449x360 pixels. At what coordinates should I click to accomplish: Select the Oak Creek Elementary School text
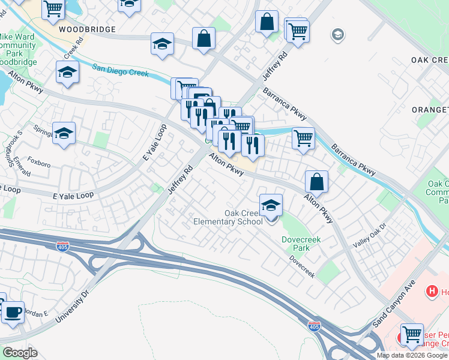228,217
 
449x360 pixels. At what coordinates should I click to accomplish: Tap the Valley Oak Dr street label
368,236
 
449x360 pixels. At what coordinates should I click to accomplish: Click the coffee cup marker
13,312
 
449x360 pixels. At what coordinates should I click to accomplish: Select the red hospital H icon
430,292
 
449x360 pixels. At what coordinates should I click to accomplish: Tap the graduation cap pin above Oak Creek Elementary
271,206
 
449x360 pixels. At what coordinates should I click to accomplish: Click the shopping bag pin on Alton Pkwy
316,181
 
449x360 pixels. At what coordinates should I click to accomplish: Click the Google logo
19,353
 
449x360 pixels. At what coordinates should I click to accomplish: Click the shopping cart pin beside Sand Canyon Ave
412,335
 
